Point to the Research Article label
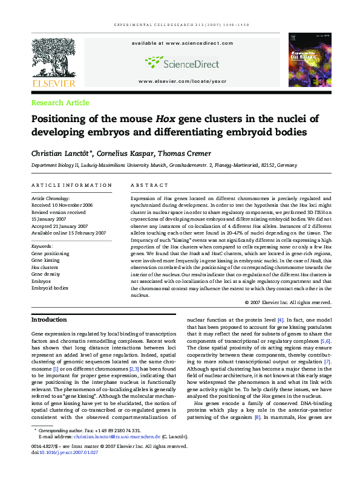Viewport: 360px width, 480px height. (x=60, y=103)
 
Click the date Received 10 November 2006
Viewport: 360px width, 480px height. (x=63, y=204)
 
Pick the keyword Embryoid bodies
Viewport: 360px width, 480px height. (x=50, y=288)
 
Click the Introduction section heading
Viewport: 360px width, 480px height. (x=49, y=319)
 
